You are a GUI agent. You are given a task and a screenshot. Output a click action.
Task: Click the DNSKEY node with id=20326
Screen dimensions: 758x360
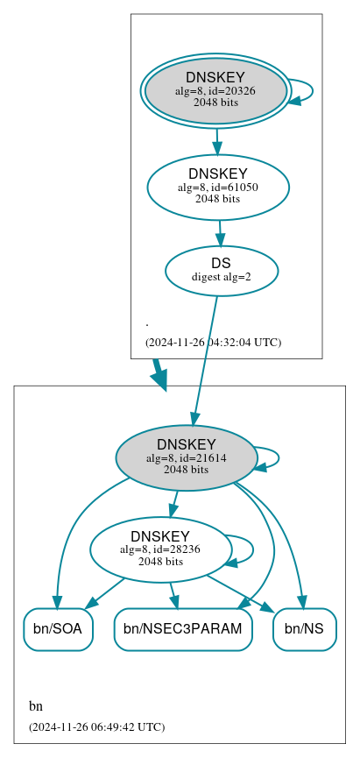(215, 90)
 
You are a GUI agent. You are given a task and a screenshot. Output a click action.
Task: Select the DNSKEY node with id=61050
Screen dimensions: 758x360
(217, 186)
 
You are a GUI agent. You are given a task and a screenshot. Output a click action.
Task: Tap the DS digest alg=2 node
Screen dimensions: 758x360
(221, 270)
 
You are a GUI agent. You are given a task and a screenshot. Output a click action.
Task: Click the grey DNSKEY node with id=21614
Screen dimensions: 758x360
(186, 457)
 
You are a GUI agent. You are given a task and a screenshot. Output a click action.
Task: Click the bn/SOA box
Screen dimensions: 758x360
(58, 629)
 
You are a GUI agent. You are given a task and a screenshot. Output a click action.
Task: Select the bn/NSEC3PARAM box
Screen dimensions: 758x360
(183, 629)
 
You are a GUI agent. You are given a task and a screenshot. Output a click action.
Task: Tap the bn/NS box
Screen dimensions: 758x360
(305, 629)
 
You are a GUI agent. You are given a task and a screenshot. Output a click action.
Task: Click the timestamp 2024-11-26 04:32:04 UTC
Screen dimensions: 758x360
(213, 342)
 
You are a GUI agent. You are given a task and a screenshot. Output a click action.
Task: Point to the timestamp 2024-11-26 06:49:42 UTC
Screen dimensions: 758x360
(96, 726)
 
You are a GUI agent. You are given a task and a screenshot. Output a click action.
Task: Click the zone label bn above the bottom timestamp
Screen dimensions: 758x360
(36, 706)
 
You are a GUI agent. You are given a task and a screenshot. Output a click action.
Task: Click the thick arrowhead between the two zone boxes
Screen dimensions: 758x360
(159, 378)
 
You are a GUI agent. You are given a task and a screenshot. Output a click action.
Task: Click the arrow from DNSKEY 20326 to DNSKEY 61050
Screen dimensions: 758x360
(216, 140)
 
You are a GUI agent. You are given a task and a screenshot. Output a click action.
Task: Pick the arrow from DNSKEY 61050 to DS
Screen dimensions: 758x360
(220, 233)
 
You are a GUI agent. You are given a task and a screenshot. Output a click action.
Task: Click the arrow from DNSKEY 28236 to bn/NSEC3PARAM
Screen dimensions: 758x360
(173, 595)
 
